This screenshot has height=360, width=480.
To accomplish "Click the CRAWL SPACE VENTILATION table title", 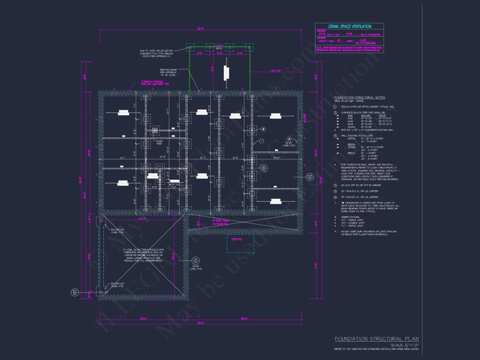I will [x=349, y=27].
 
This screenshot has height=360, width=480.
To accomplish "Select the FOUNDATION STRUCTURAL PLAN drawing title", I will [x=377, y=339].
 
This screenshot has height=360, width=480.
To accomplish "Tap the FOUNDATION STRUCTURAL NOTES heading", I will [x=360, y=98].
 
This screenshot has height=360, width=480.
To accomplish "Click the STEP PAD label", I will [x=237, y=239].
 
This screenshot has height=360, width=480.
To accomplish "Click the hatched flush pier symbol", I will [x=154, y=130].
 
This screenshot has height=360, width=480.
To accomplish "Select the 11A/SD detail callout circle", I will [x=195, y=261].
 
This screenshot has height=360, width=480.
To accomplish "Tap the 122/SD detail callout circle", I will [x=263, y=168].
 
